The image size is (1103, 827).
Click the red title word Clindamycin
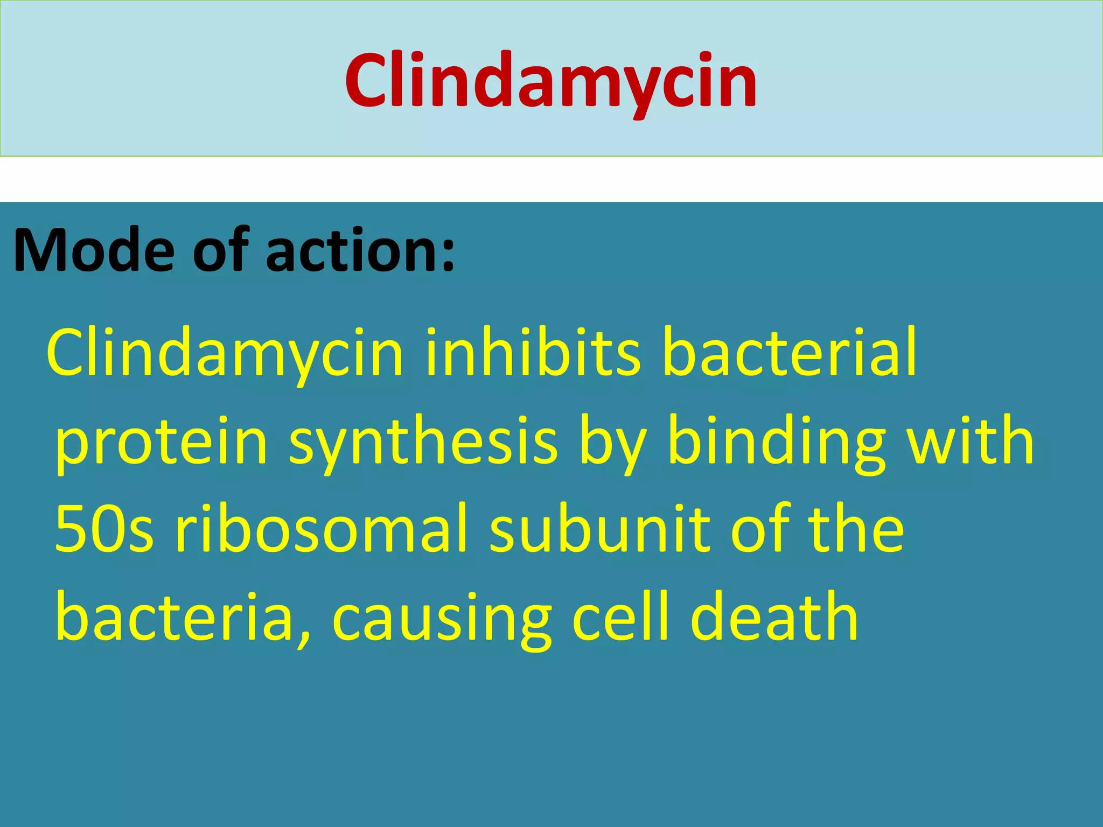pyautogui.click(x=551, y=81)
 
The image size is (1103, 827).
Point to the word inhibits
pyautogui.click(x=533, y=353)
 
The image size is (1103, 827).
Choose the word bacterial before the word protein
pyautogui.click(x=790, y=353)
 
